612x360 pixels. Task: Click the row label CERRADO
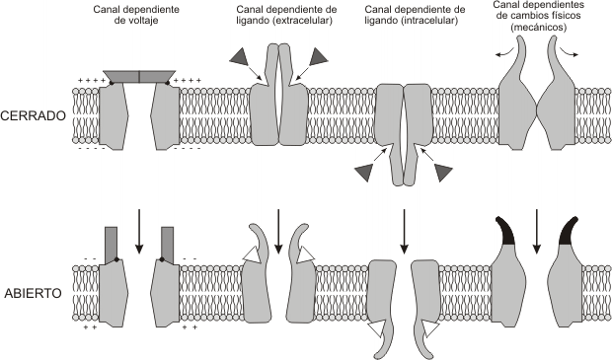(x=35, y=115)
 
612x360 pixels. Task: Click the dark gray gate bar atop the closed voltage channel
(x=139, y=76)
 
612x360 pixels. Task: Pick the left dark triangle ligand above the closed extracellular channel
(x=240, y=59)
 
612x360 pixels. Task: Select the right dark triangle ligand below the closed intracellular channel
(x=443, y=173)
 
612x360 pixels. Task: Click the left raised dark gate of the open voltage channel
(x=112, y=241)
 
